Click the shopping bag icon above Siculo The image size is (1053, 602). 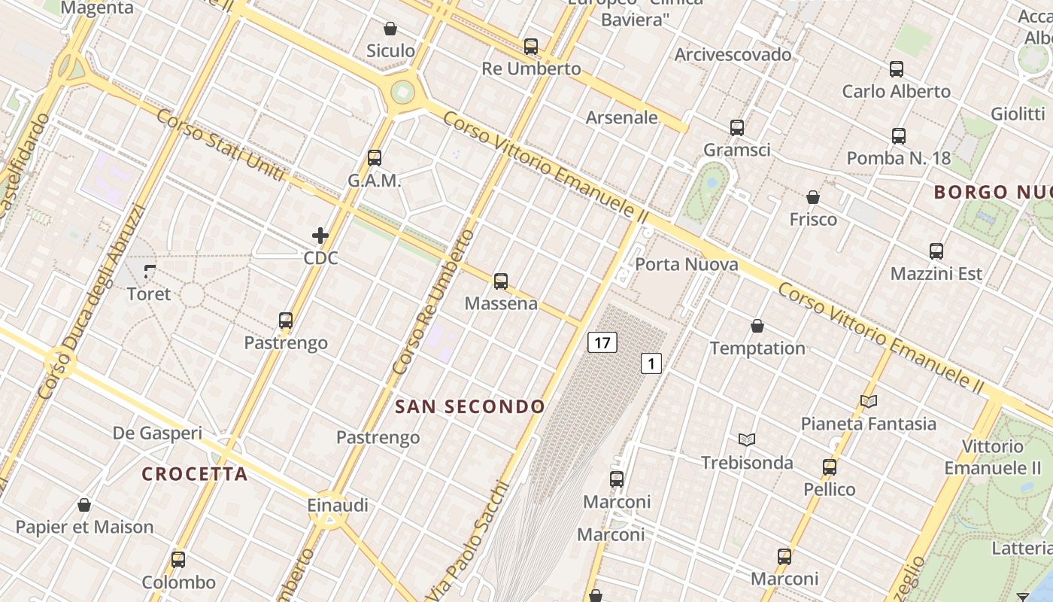(390, 29)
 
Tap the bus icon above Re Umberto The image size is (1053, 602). (531, 47)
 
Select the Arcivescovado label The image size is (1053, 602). (733, 54)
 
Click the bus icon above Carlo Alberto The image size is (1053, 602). (896, 69)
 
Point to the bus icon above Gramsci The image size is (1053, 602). (736, 128)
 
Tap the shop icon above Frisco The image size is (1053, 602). (812, 198)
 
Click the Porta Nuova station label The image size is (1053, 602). (686, 264)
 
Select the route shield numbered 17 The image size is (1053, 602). (602, 343)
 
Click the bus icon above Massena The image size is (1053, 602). (501, 282)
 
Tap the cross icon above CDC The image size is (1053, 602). (320, 236)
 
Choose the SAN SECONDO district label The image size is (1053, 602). (470, 407)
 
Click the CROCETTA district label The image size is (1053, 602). (195, 474)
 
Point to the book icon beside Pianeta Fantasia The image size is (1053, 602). (869, 402)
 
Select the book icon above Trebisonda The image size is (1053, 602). (746, 439)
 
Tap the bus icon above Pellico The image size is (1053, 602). (830, 467)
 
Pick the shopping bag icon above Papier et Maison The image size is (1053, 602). (84, 505)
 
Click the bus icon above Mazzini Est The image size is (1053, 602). (936, 251)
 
